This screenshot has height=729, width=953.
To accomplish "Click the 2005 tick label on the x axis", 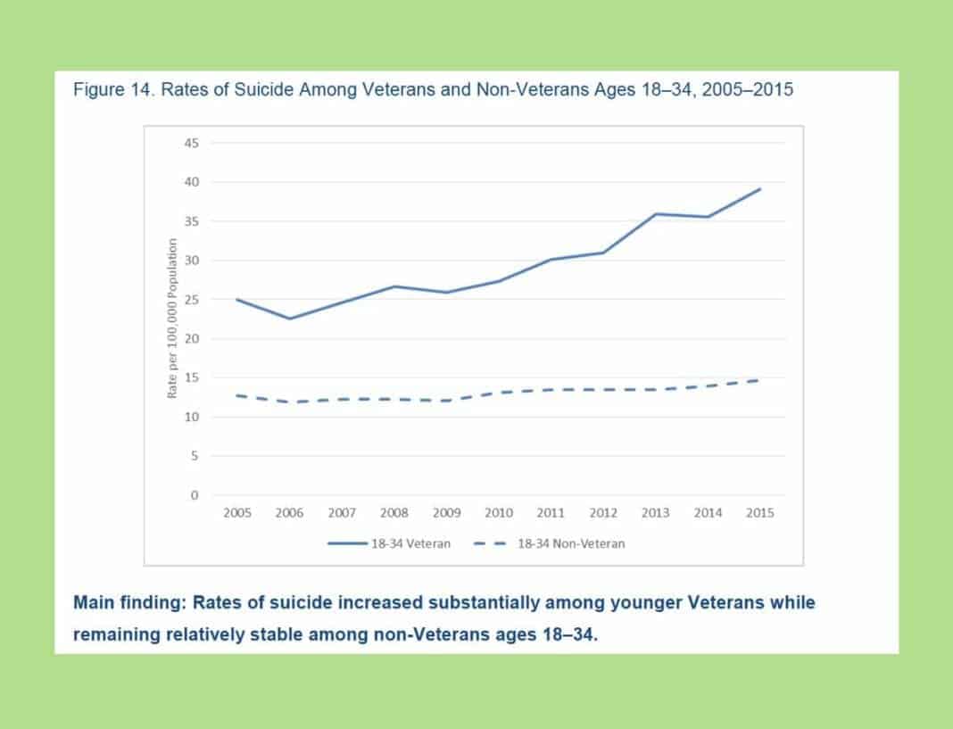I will (237, 513).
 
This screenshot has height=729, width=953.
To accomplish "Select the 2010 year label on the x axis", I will (499, 513).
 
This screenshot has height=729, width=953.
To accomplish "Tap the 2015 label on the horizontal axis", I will (760, 513).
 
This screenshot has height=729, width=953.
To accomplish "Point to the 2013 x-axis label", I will (656, 513).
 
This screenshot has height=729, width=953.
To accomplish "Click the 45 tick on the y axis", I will (192, 143).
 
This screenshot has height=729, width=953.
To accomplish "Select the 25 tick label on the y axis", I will (192, 300).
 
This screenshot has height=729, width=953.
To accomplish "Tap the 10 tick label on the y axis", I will (192, 418).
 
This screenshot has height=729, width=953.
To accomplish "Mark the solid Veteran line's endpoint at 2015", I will (760, 188).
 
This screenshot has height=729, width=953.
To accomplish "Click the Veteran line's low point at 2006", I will (290, 319).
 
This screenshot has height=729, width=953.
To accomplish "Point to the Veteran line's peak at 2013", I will (656, 213).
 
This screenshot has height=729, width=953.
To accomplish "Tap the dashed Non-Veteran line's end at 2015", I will (759, 380).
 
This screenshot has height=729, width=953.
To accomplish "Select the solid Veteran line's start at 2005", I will (237, 299).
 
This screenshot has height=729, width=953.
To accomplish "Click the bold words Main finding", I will (127, 602).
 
